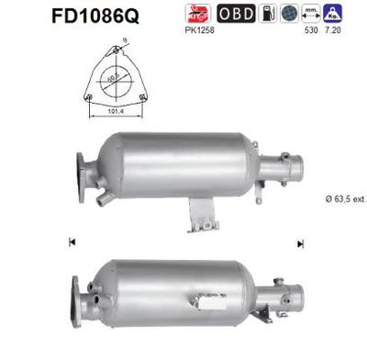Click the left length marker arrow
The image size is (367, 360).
[71, 242]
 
